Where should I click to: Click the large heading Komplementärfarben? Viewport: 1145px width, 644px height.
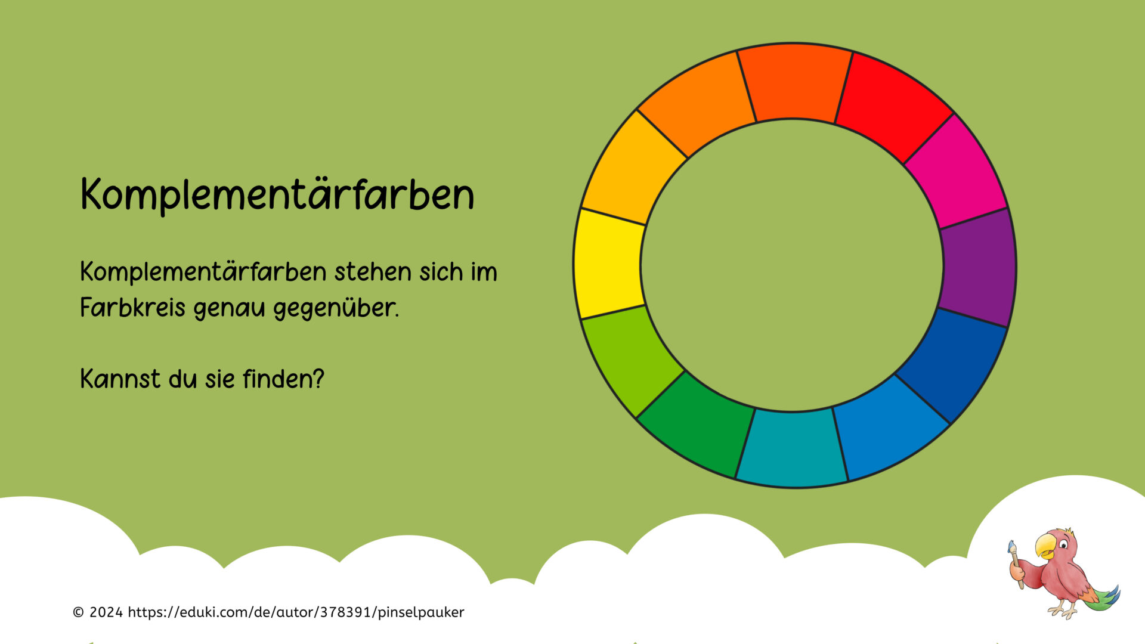click(277, 194)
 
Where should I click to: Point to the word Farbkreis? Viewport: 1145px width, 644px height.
click(133, 308)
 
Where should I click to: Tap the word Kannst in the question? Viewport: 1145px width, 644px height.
click(120, 379)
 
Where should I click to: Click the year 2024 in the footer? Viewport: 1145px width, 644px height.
click(106, 612)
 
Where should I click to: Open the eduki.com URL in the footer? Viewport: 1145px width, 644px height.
click(296, 612)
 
